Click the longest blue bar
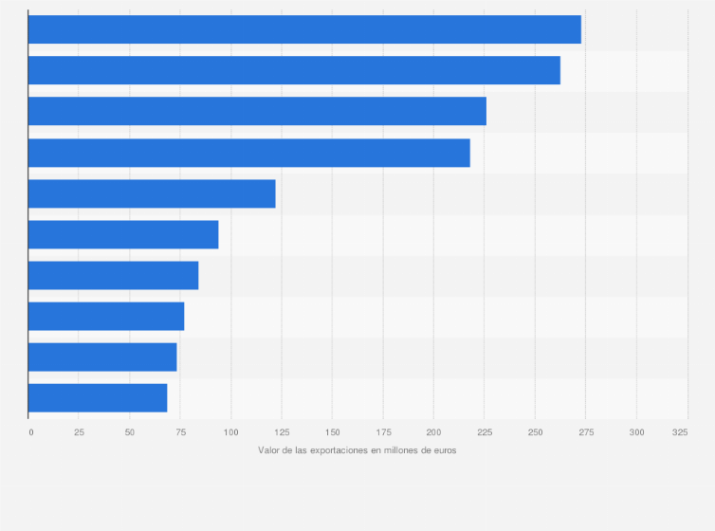[x=304, y=29]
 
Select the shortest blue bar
[x=98, y=397]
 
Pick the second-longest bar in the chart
[x=294, y=70]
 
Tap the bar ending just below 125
[x=152, y=193]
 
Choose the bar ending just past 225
[x=257, y=111]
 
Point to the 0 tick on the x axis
[x=31, y=432]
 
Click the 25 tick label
[x=79, y=432]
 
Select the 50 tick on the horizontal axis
[x=130, y=432]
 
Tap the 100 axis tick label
[x=230, y=432]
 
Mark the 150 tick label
[x=332, y=432]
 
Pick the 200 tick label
[x=433, y=432]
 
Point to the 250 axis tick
[x=535, y=432]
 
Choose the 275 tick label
[x=585, y=432]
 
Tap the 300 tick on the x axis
[x=636, y=432]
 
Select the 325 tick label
[x=680, y=432]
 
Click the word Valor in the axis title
[x=268, y=450]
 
